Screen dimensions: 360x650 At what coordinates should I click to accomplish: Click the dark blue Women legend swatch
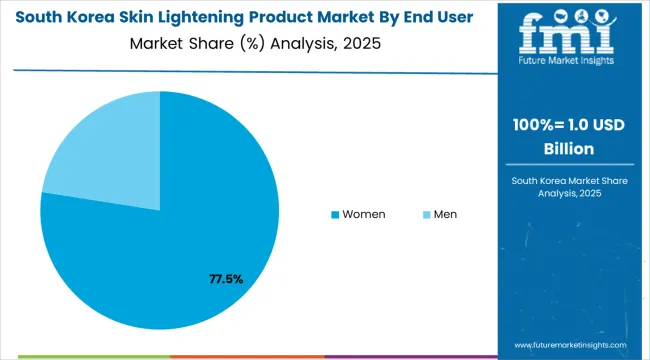(x=335, y=215)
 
